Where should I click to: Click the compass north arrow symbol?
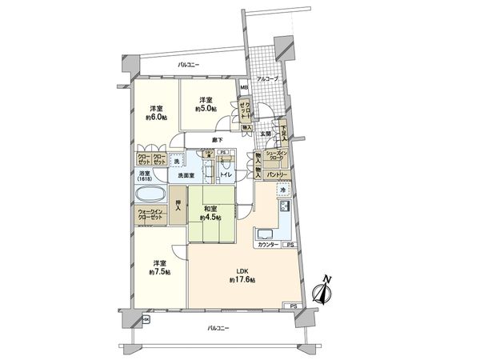click(324, 290)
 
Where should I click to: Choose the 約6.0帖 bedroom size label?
click(157, 116)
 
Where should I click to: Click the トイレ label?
click(226, 174)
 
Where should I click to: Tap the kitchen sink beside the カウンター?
click(265, 235)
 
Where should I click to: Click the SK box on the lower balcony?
click(146, 320)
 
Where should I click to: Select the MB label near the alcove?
click(245, 88)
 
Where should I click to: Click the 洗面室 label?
click(186, 175)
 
